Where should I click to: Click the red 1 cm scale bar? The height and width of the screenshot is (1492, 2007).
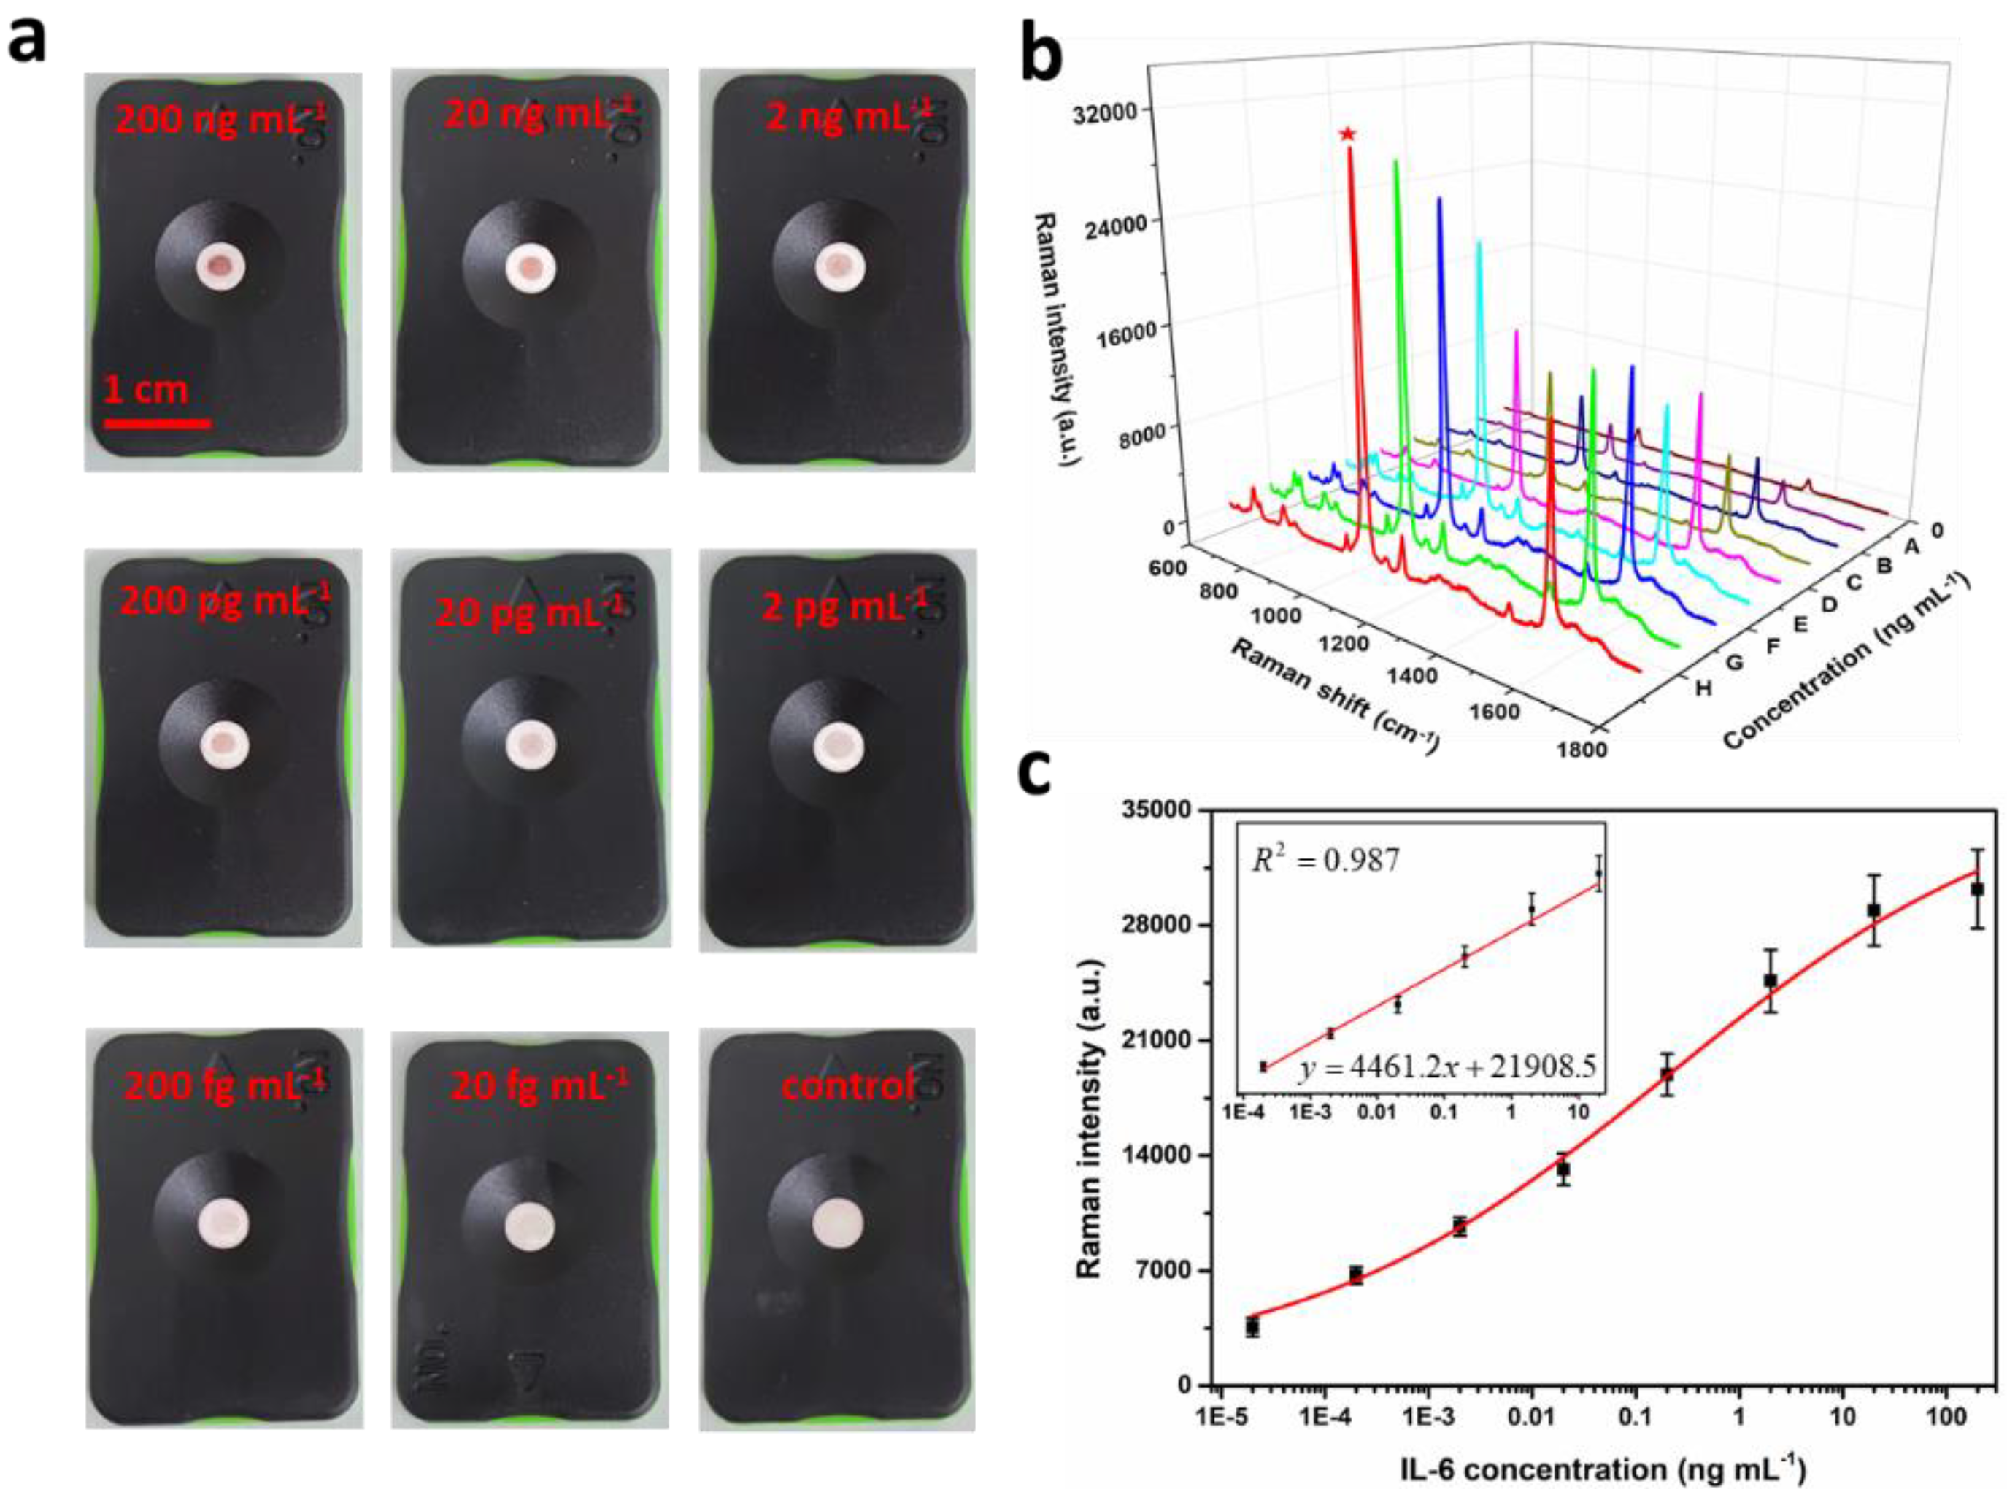click(157, 423)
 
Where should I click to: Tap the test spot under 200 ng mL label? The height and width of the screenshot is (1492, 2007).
click(220, 267)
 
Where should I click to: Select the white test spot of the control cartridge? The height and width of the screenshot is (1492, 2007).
click(838, 1225)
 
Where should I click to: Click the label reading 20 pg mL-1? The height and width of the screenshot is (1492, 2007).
click(530, 612)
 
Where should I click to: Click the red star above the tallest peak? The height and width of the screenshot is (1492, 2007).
click(1347, 134)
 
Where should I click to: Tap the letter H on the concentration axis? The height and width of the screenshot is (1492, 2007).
click(1703, 688)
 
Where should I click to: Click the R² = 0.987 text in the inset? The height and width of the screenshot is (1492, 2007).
click(1325, 861)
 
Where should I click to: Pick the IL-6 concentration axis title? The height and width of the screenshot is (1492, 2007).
click(1603, 1469)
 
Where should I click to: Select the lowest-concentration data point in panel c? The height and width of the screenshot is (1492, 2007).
click(1252, 1328)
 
